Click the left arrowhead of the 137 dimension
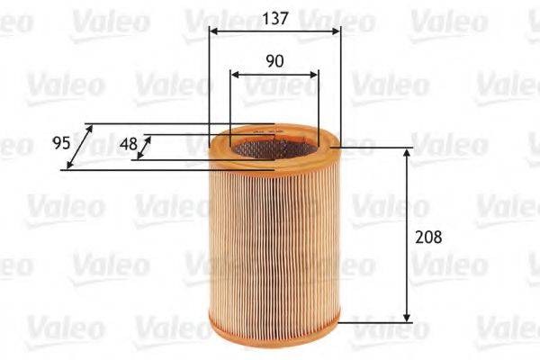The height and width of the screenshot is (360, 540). (x=212, y=30)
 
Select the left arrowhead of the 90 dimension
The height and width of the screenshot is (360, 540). (x=234, y=76)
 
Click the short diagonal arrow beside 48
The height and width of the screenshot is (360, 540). (x=142, y=148)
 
